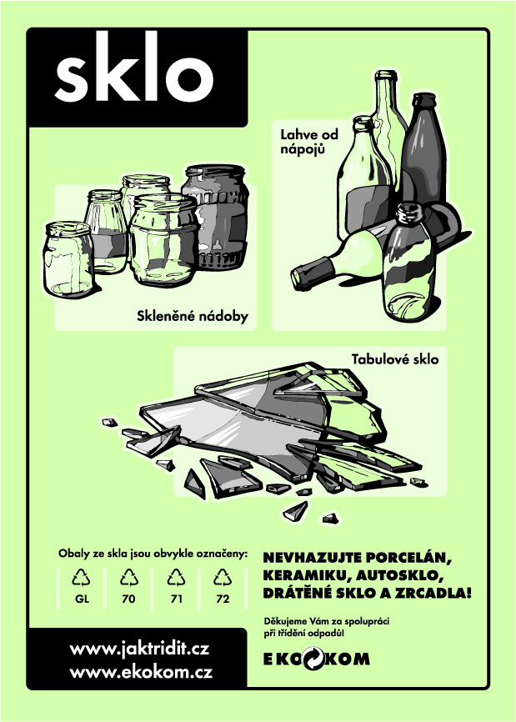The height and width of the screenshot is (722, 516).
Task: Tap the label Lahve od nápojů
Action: tap(309, 142)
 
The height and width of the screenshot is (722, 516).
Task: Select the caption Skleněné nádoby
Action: tap(193, 316)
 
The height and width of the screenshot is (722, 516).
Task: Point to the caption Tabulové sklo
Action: tap(395, 359)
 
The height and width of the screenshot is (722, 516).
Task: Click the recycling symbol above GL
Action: tap(81, 578)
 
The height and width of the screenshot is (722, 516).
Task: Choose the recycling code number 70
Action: tap(129, 599)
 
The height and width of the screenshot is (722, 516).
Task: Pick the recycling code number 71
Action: tap(176, 599)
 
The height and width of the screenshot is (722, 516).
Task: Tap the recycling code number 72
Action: tap(223, 599)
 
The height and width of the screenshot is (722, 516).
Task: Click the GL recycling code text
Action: tap(82, 599)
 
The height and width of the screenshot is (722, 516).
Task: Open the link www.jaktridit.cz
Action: tap(139, 649)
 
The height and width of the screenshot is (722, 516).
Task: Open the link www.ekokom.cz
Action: tap(141, 672)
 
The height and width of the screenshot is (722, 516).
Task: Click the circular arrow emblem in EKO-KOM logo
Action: tap(313, 659)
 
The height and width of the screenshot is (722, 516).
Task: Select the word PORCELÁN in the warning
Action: tap(408, 558)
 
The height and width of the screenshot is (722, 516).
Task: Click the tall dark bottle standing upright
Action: tap(423, 152)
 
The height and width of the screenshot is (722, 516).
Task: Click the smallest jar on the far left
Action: tap(69, 259)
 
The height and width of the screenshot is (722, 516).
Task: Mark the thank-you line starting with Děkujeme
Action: tap(327, 627)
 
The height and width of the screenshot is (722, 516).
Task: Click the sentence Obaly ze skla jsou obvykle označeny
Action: tap(153, 554)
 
